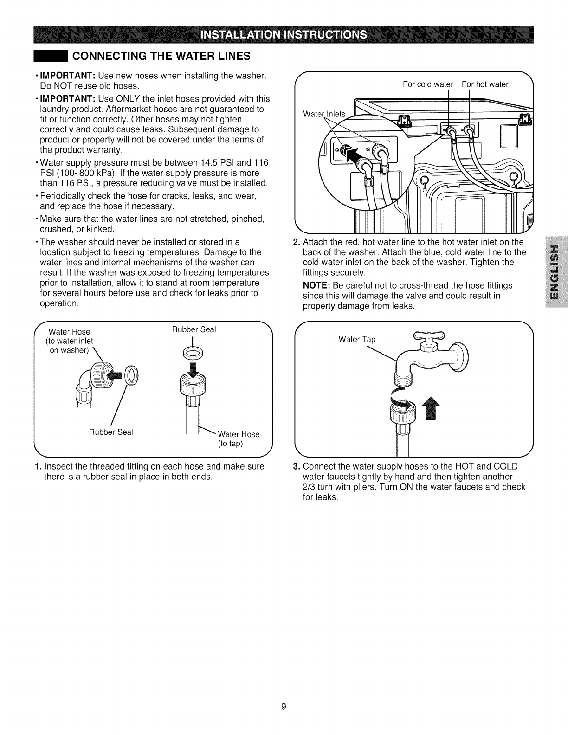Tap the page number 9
(x=284, y=707)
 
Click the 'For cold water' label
(x=428, y=84)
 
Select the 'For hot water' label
(x=485, y=84)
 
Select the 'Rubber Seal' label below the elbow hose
(x=111, y=432)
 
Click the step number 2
(x=297, y=242)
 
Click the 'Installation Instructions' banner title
(x=284, y=35)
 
